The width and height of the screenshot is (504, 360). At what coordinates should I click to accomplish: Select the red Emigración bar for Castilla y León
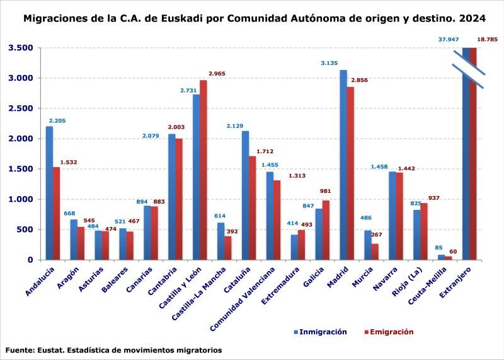tap(203, 170)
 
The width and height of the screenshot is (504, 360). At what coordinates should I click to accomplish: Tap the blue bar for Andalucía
tap(49, 193)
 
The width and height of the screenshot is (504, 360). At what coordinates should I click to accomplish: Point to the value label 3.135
tap(329, 63)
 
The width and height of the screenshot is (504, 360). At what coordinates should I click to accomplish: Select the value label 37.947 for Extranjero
tap(449, 40)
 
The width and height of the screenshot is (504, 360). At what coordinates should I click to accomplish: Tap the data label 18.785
tap(487, 40)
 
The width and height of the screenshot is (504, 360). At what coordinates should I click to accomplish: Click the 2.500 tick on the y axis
tap(21, 108)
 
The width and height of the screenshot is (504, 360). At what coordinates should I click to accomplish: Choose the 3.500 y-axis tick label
tap(21, 48)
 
